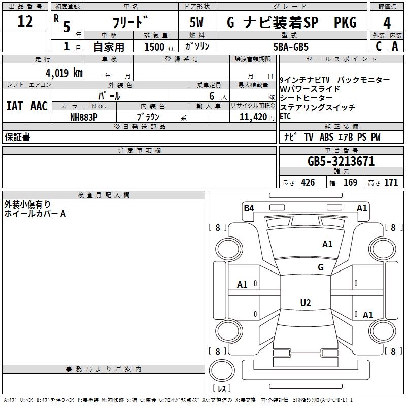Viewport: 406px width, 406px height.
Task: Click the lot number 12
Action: click(x=25, y=21)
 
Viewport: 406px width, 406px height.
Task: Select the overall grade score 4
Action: click(x=387, y=23)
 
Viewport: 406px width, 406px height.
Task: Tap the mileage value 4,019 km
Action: click(x=64, y=73)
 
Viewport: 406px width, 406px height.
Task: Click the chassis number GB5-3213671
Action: click(x=341, y=161)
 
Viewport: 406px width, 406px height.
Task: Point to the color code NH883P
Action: click(x=84, y=117)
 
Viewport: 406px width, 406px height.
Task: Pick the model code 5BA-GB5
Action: click(x=291, y=47)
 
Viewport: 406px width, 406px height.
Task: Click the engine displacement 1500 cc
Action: click(x=159, y=47)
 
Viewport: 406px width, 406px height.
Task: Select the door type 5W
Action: click(x=196, y=22)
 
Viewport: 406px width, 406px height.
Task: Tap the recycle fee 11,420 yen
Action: click(x=257, y=117)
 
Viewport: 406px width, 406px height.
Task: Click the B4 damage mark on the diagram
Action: click(x=249, y=208)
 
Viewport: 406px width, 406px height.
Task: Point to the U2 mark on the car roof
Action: click(x=306, y=302)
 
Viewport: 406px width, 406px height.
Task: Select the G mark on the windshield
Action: click(x=321, y=267)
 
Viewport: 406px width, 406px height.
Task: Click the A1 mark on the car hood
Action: click(x=327, y=244)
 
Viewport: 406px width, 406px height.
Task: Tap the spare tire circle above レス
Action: click(x=222, y=370)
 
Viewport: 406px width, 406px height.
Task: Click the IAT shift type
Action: click(x=15, y=106)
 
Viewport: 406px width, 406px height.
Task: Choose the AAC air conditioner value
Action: click(x=39, y=106)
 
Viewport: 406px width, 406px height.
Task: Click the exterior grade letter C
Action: click(x=379, y=46)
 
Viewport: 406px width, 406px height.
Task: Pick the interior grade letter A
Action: click(x=395, y=46)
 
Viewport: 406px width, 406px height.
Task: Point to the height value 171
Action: click(x=391, y=182)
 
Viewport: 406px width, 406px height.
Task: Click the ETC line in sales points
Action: click(x=285, y=117)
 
